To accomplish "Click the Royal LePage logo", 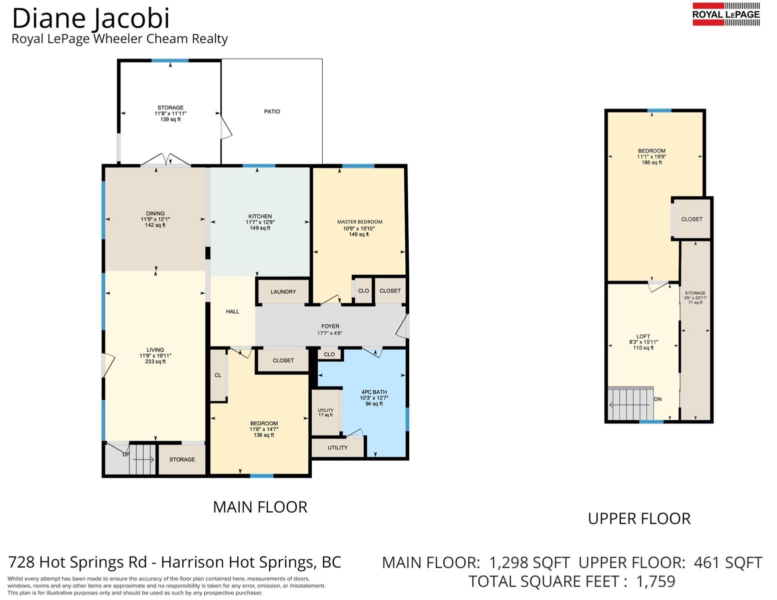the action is click(x=726, y=14).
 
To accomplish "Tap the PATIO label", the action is click(x=272, y=111).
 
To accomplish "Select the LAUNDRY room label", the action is click(x=283, y=291).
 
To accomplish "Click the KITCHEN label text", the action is click(x=260, y=216).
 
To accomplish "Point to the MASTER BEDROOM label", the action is click(x=360, y=222).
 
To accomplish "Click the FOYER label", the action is click(x=330, y=326).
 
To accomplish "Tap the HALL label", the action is click(x=233, y=311).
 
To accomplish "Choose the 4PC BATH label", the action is click(x=374, y=392).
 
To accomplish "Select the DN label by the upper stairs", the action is click(x=657, y=399).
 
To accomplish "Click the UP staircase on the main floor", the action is click(x=142, y=459).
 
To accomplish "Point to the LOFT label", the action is click(x=643, y=336).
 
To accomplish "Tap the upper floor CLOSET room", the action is click(x=691, y=219).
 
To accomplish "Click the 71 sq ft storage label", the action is click(x=695, y=302).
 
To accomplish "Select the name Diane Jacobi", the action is click(x=91, y=18).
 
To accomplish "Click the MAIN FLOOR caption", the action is click(x=260, y=507).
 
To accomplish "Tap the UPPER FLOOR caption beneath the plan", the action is click(x=639, y=518).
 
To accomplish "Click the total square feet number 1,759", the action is click(x=656, y=581).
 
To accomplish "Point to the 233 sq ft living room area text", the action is click(x=155, y=361).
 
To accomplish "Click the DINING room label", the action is click(x=155, y=213).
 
